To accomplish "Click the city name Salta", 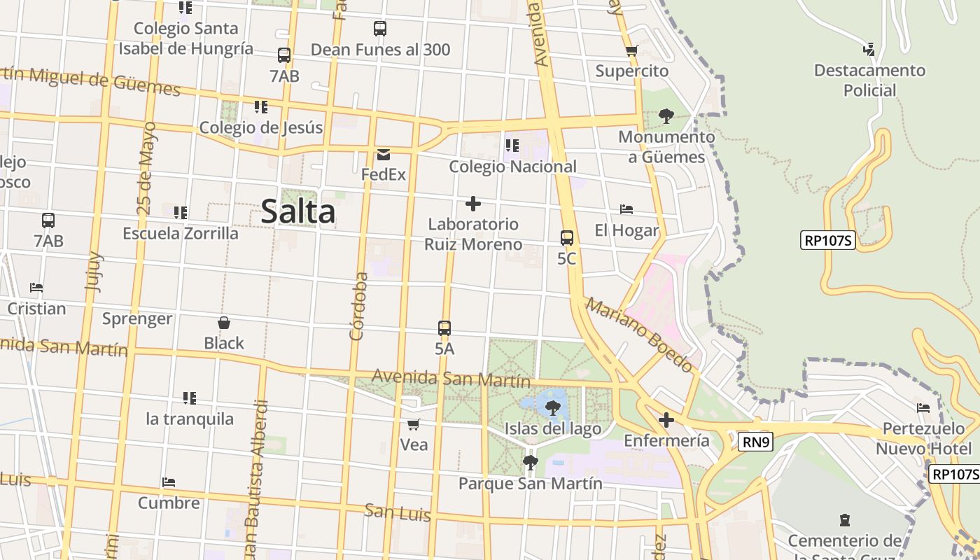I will [298, 211].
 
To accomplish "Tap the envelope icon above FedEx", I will [384, 154].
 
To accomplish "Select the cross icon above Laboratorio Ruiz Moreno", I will [473, 204].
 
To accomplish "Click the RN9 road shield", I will [755, 441].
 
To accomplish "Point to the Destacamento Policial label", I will [869, 80].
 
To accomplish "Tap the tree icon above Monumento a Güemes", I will [666, 115].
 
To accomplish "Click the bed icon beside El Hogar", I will [626, 209].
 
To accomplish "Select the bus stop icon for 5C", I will [567, 238].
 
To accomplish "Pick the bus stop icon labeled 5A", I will [444, 328].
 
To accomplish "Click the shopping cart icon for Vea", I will [414, 424].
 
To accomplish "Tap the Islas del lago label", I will [553, 428].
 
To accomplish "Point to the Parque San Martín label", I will [530, 483].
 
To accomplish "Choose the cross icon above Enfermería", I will [666, 420].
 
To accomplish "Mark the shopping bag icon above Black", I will [224, 323].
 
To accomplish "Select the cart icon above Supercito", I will [631, 50].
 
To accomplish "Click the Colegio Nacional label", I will [512, 167].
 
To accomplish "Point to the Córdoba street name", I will [358, 306].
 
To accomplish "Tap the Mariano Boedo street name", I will [638, 335].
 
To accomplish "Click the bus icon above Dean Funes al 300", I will [380, 29].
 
